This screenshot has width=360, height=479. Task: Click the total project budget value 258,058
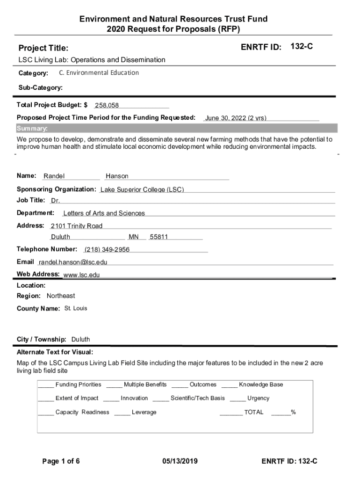tap(107, 105)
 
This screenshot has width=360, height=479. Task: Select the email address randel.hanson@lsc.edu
tap(73, 262)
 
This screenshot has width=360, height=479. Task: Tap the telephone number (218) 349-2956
tap(107, 249)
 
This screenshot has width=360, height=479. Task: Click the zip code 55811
tap(158, 237)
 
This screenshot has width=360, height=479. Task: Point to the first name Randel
tap(54, 176)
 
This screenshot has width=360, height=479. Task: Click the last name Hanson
tap(117, 176)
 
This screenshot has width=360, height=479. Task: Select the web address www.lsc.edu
tap(82, 275)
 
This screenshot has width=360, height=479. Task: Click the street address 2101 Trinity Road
tap(77, 226)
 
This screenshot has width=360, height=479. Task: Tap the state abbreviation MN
tap(134, 237)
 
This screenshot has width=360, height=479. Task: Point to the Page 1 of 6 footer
tap(61, 461)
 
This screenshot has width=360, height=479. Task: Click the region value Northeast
tap(61, 296)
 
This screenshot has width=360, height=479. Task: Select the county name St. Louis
tap(76, 308)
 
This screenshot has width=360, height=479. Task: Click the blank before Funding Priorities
tap(45, 385)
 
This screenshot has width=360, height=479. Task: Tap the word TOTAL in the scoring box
tap(253, 412)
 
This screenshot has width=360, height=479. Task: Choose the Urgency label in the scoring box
tap(258, 398)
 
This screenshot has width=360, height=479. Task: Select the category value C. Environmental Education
tap(99, 73)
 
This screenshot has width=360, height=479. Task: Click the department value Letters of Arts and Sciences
tap(104, 213)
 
